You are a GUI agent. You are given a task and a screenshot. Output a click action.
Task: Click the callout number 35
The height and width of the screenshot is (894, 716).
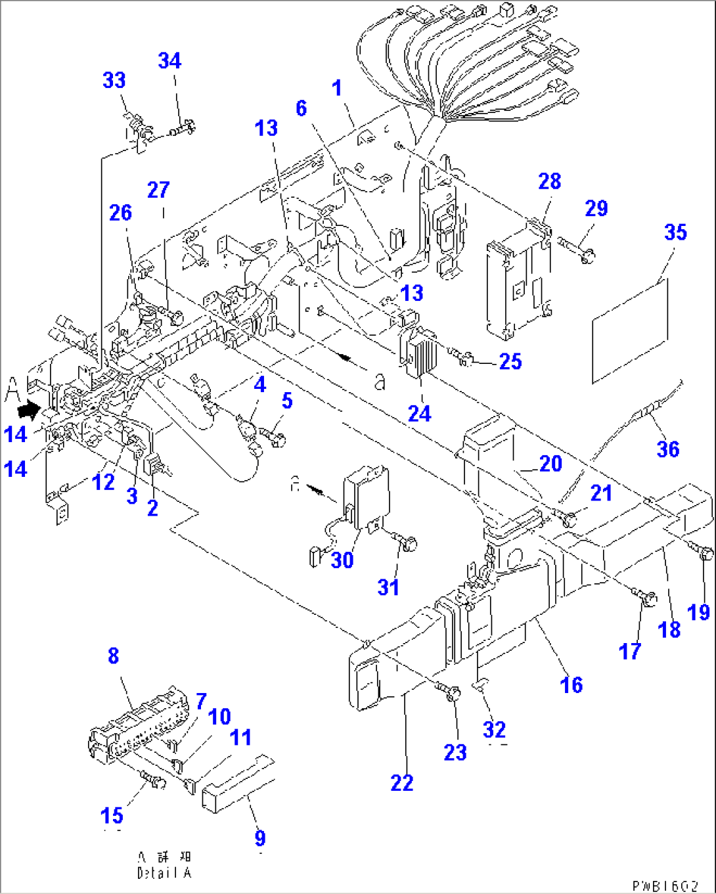coord(675,233)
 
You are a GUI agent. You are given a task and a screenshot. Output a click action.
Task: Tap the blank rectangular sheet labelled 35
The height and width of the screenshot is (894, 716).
coord(630,330)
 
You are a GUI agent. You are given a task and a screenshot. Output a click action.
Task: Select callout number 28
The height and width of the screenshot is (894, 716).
coord(549,181)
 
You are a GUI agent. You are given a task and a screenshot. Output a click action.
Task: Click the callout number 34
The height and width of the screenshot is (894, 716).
coord(169,61)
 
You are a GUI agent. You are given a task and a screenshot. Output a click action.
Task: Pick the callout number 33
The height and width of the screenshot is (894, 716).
coord(114,81)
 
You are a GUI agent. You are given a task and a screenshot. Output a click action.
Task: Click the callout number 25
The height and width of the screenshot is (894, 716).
coord(510,361)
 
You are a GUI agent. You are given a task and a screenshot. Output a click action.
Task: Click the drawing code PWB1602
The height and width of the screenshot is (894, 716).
coord(665,885)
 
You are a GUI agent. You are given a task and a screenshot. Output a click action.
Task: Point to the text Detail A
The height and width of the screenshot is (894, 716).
coord(164,873)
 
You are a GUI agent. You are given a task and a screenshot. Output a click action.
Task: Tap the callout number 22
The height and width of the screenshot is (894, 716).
coord(402,783)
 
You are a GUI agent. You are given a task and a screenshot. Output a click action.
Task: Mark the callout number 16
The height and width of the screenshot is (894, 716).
coord(571,684)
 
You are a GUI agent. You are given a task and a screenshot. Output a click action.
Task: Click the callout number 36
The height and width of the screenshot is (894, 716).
coord(667,449)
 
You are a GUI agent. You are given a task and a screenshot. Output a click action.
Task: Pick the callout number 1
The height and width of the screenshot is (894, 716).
coord(337,88)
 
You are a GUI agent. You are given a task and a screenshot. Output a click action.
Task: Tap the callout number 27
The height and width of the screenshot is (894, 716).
coord(158,190)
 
